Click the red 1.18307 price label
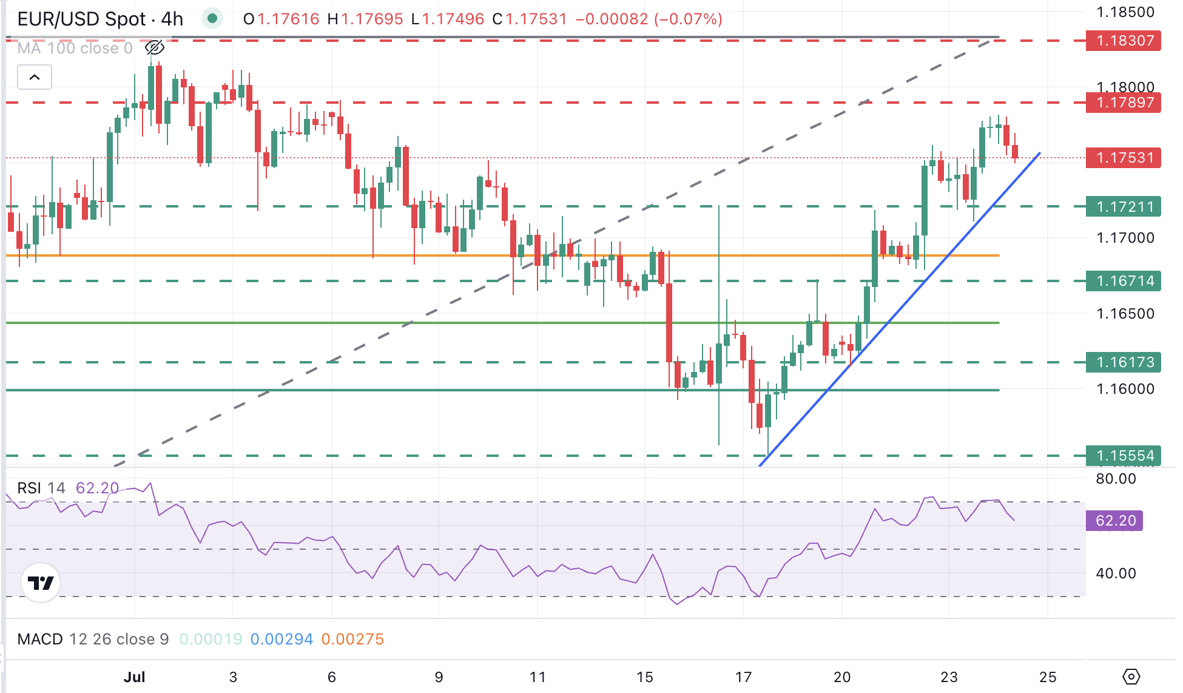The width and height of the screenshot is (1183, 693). (x=1123, y=41)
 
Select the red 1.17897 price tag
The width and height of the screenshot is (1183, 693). (x=1123, y=103)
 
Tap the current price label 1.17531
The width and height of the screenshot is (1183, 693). (x=1123, y=158)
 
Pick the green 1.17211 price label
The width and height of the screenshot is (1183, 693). (x=1123, y=207)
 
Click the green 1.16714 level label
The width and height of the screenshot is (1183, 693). (x=1123, y=281)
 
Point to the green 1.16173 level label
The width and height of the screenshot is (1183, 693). (x=1123, y=362)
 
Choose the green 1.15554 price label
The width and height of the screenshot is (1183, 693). (x=1123, y=456)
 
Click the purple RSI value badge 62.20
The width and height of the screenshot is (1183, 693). (x=1114, y=521)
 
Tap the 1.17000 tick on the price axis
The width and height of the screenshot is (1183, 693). (x=1125, y=238)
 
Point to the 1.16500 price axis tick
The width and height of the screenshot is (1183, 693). (x=1125, y=314)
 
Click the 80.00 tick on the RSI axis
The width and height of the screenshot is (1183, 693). (x=1116, y=479)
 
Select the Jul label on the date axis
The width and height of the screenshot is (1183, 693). (x=134, y=677)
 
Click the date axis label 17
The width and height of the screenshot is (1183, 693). (x=743, y=677)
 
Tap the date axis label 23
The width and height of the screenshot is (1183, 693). (x=949, y=677)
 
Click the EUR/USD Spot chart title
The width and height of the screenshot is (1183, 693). (x=100, y=19)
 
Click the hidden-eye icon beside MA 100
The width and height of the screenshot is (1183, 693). (x=155, y=48)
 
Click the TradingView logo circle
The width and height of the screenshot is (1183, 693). (x=41, y=583)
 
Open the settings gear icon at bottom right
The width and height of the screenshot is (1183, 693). (x=1131, y=677)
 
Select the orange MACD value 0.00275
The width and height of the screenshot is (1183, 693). (x=352, y=639)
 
